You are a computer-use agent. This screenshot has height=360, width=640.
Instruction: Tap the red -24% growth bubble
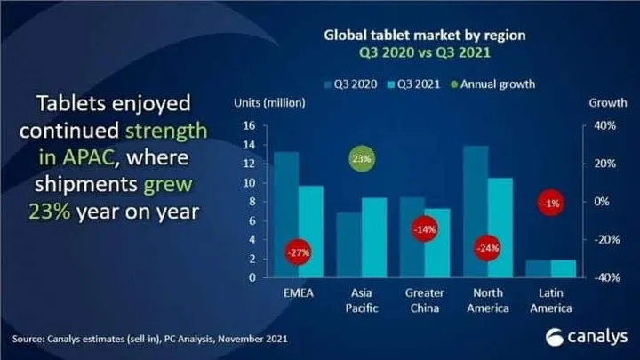click(x=487, y=248)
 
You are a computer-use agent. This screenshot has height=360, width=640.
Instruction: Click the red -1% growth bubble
click(x=549, y=204)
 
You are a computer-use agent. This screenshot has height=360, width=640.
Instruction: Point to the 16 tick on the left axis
click(x=250, y=125)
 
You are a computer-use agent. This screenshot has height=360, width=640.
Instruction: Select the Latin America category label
click(x=550, y=300)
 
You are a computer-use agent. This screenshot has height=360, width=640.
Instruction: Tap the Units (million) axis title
click(x=269, y=102)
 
